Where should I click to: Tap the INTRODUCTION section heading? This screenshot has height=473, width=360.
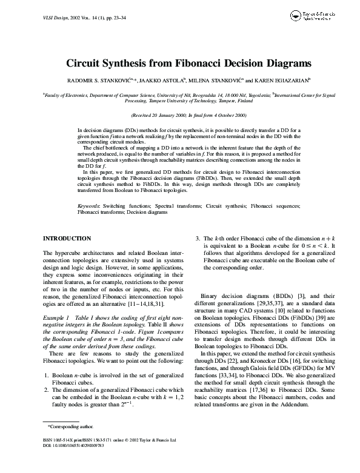68,239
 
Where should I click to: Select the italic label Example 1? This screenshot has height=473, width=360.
57,317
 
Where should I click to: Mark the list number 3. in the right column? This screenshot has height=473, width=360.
198,240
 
